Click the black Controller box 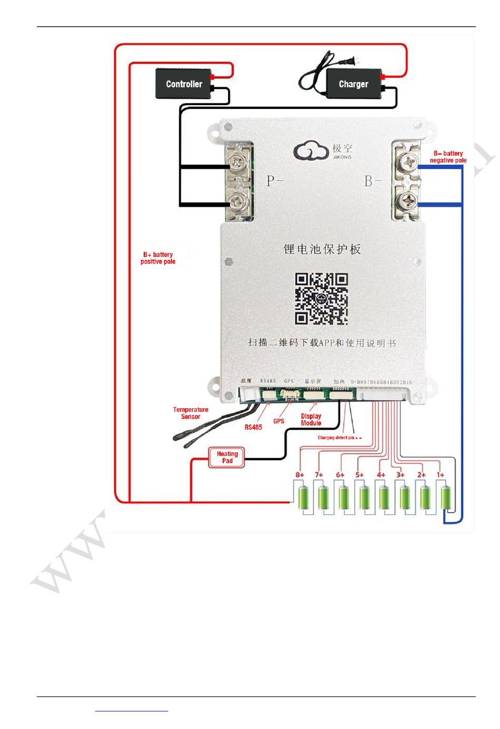click(184, 84)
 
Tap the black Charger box click(353, 84)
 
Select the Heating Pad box click(227, 458)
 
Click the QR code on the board click(321, 299)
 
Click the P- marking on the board click(275, 181)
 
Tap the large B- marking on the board click(373, 181)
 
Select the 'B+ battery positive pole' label click(158, 258)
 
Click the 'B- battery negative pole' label click(448, 157)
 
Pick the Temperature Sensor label click(191, 413)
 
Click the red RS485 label click(253, 428)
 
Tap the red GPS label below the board click(278, 421)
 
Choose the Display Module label click(311, 419)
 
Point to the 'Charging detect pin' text click(339, 438)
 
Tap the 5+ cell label click(359, 475)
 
